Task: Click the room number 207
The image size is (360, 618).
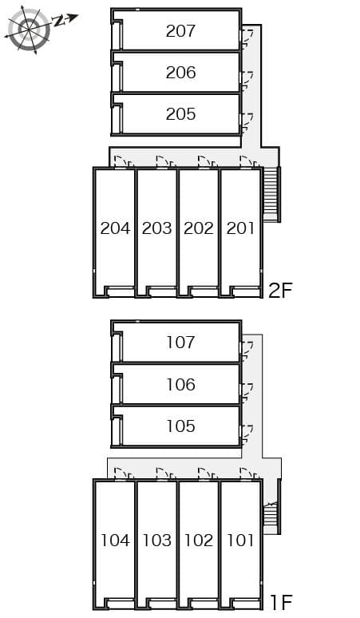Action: [180, 31]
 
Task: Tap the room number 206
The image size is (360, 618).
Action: [180, 73]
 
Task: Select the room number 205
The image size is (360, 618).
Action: [180, 114]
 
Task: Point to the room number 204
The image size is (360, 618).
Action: [115, 228]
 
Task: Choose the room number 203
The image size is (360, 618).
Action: [156, 228]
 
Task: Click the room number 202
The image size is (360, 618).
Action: [199, 228]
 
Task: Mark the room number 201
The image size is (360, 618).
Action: [240, 228]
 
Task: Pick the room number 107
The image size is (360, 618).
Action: [180, 343]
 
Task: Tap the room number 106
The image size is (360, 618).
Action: [180, 385]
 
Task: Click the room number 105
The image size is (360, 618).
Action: [180, 426]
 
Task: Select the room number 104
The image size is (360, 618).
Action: [115, 541]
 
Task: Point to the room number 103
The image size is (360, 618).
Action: [156, 541]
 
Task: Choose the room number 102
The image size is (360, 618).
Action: [199, 541]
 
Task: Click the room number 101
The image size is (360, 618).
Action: [240, 541]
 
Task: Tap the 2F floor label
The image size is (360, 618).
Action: [281, 290]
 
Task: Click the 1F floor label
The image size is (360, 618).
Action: [279, 602]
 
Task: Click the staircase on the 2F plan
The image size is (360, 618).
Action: [271, 194]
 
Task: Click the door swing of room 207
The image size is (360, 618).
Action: [247, 34]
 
